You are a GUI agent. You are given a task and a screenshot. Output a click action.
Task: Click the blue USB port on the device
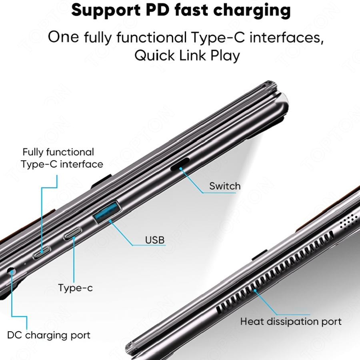(x=107, y=212)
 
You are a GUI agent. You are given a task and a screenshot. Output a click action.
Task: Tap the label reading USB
(x=155, y=240)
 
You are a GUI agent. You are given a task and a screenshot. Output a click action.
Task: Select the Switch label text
(x=225, y=186)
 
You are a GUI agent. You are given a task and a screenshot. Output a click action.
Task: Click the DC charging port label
(x=49, y=335)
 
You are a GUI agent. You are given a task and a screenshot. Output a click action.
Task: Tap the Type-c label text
(x=75, y=288)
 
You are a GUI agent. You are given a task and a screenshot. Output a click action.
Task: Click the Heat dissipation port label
(x=291, y=321)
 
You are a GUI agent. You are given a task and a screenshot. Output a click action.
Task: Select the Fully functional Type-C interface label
(x=62, y=158)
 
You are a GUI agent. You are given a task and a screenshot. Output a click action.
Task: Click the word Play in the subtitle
(x=225, y=55)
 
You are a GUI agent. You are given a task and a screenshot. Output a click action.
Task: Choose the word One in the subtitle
(x=64, y=38)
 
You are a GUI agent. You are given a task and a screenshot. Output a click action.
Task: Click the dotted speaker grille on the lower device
(x=348, y=220)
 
